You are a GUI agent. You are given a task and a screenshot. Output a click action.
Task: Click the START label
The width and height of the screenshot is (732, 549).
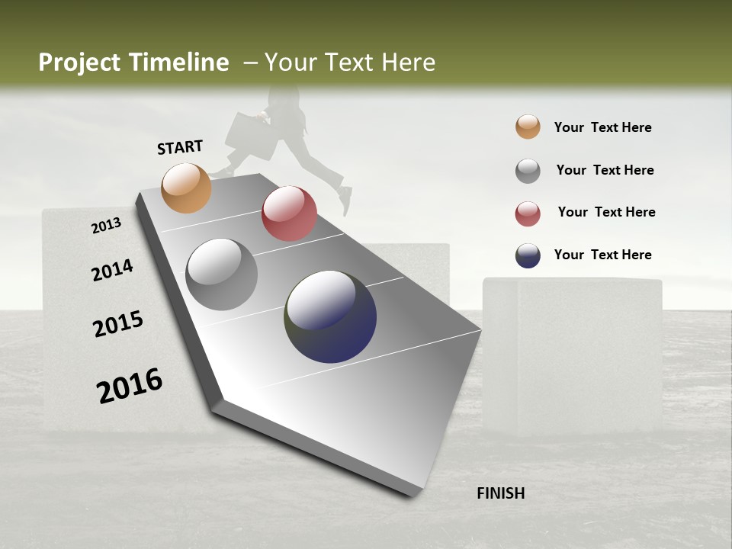click(x=180, y=147)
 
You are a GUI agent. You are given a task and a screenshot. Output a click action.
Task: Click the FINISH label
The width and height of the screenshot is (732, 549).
click(x=500, y=493)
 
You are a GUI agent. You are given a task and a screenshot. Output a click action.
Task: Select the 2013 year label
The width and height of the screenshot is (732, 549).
click(x=106, y=225)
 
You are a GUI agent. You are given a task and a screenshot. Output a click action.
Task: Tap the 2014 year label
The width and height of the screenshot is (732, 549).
click(x=112, y=270)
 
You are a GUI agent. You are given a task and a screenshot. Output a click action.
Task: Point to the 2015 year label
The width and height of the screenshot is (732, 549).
click(x=118, y=323)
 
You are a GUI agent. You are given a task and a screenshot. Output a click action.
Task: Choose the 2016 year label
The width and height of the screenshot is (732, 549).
click(x=130, y=385)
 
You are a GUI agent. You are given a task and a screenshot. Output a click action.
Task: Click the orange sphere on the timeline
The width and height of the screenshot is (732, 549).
click(x=186, y=188)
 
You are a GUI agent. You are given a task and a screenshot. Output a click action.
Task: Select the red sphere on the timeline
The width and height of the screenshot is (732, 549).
click(x=289, y=213)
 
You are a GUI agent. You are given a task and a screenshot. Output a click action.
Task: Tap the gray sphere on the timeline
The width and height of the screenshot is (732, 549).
click(x=221, y=274)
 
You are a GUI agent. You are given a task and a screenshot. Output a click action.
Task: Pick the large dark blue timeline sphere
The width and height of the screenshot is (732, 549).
click(x=330, y=316)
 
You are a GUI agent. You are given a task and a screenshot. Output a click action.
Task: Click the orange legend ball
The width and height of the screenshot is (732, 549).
click(x=528, y=127)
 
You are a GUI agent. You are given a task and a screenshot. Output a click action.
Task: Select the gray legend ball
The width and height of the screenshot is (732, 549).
click(x=528, y=171)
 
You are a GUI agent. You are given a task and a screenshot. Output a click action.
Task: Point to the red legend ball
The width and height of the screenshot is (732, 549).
click(x=528, y=213)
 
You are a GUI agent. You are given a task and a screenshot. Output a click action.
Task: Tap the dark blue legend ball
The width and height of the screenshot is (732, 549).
click(x=528, y=255)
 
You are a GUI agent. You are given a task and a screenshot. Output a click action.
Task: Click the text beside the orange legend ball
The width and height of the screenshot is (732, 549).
click(x=602, y=127)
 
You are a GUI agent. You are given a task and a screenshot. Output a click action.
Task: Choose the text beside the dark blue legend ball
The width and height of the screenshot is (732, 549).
click(x=602, y=255)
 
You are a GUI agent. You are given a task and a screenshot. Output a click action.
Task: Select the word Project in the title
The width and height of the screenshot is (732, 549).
click(x=80, y=63)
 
